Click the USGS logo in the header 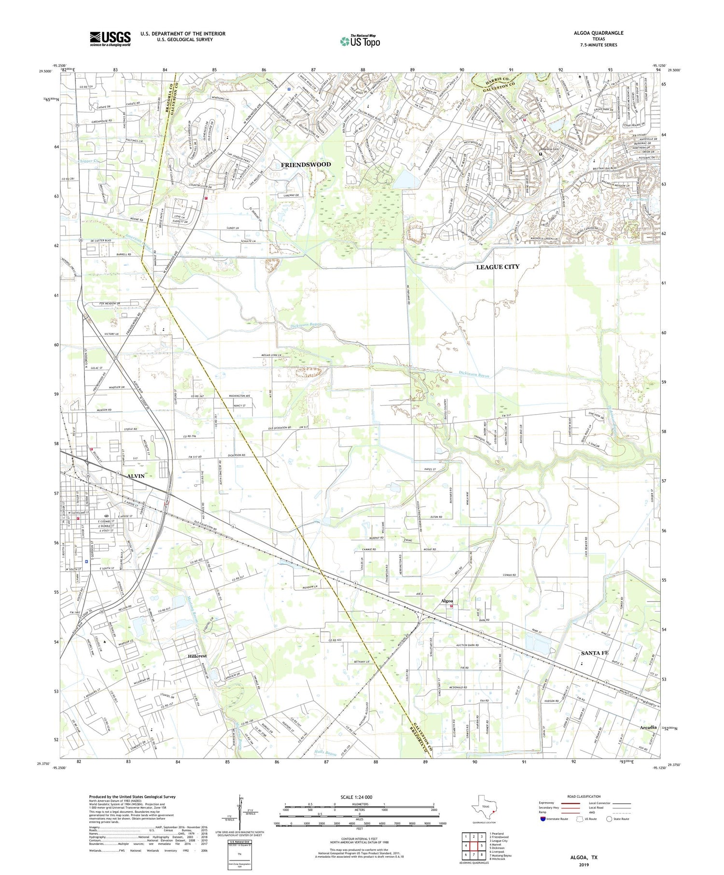110,39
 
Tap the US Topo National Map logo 360,41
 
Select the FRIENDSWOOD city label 306,165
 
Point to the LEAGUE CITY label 498,267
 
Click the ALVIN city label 136,476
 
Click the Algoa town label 447,600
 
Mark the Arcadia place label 648,727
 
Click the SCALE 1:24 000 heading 356,797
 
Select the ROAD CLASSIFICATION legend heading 584,796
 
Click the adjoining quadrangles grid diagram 473,842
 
